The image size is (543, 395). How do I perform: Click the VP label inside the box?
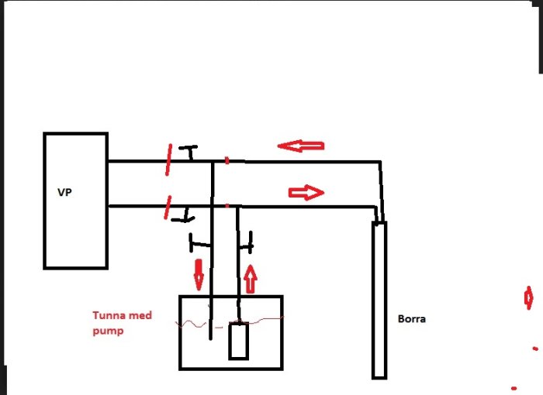click(64, 192)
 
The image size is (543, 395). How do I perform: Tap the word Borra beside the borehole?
click(412, 318)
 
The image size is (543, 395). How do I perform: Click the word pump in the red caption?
click(108, 331)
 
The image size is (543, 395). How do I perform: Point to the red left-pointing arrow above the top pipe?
click(301, 146)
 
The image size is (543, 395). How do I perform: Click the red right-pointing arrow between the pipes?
click(306, 192)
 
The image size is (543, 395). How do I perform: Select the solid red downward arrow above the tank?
click(199, 275)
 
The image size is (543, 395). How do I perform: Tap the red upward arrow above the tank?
click(251, 279)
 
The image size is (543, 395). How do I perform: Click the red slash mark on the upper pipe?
click(168, 160)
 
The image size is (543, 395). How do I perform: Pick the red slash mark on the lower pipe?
click(168, 208)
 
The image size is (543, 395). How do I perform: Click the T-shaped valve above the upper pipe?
click(188, 153)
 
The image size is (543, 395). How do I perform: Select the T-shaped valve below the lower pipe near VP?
click(184, 215)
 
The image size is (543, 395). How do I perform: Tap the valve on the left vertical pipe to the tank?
click(199, 243)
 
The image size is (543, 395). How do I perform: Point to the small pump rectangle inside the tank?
click(239, 341)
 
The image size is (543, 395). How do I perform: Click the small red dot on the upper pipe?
click(227, 160)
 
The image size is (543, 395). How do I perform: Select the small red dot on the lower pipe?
click(227, 206)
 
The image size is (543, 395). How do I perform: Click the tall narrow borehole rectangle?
click(379, 301)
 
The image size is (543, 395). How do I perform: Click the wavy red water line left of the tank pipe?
click(191, 325)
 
